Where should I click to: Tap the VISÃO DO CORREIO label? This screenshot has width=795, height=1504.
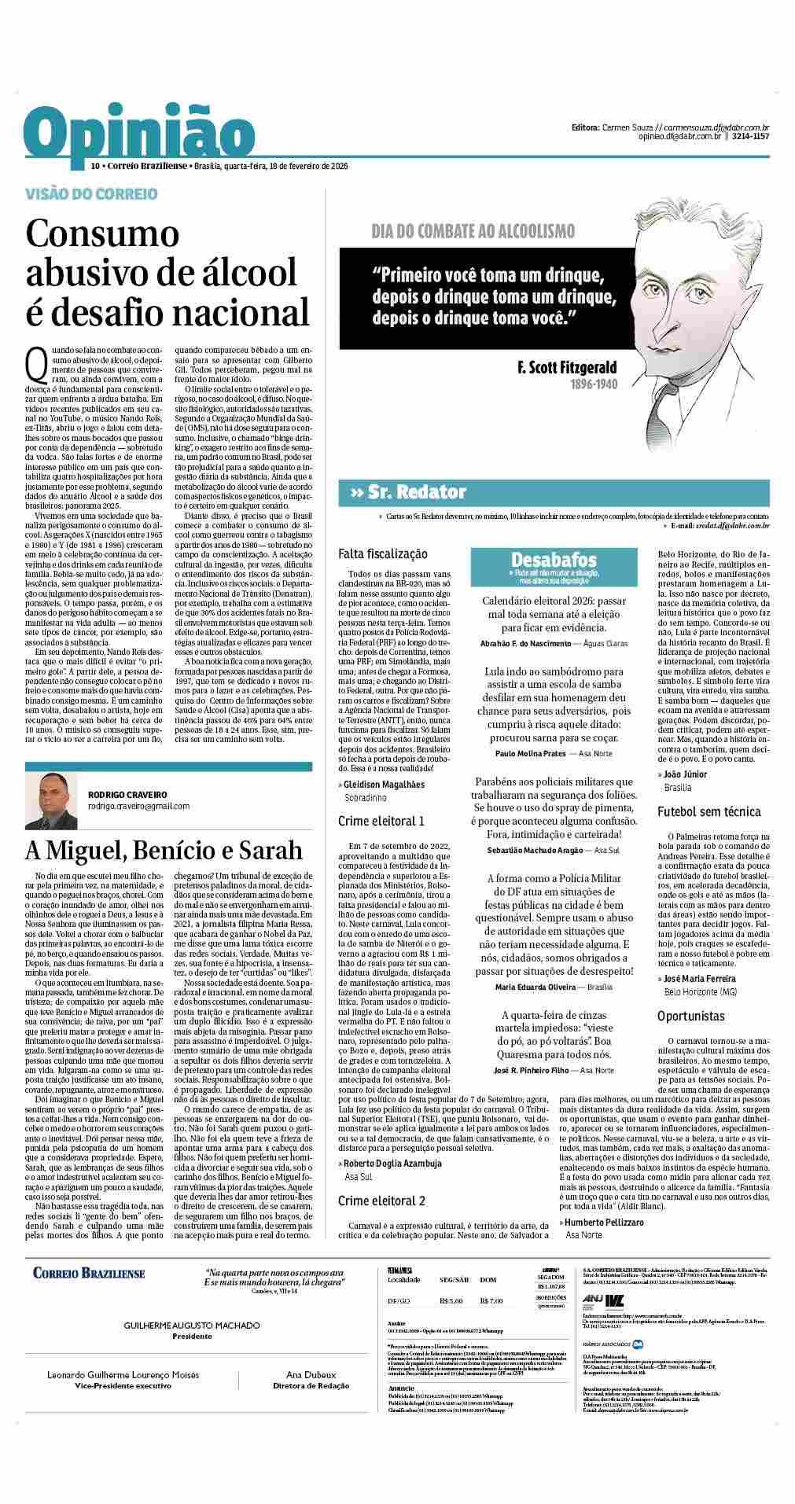92,193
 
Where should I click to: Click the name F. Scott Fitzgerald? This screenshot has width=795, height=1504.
567,368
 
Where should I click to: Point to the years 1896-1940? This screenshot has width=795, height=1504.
594,385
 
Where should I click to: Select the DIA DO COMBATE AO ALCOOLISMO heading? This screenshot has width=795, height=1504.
473,231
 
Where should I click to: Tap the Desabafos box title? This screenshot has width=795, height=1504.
554,560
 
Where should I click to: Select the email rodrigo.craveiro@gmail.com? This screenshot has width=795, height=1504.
138,806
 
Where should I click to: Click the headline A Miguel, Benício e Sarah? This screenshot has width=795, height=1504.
164,851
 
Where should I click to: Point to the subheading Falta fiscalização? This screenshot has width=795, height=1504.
382,555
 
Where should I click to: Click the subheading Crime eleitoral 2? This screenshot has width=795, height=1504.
381,1201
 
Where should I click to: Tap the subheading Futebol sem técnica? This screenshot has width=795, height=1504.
709,811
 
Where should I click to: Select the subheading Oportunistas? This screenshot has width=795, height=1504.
691,1017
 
